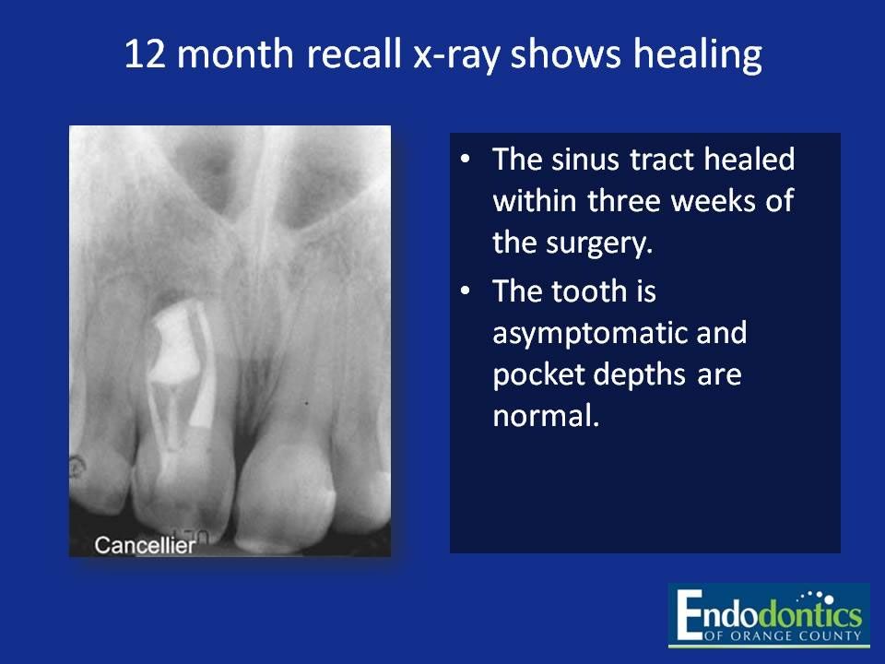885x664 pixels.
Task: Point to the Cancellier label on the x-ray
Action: [146, 546]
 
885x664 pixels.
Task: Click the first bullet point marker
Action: [466, 160]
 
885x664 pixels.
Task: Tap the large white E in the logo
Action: [690, 616]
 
